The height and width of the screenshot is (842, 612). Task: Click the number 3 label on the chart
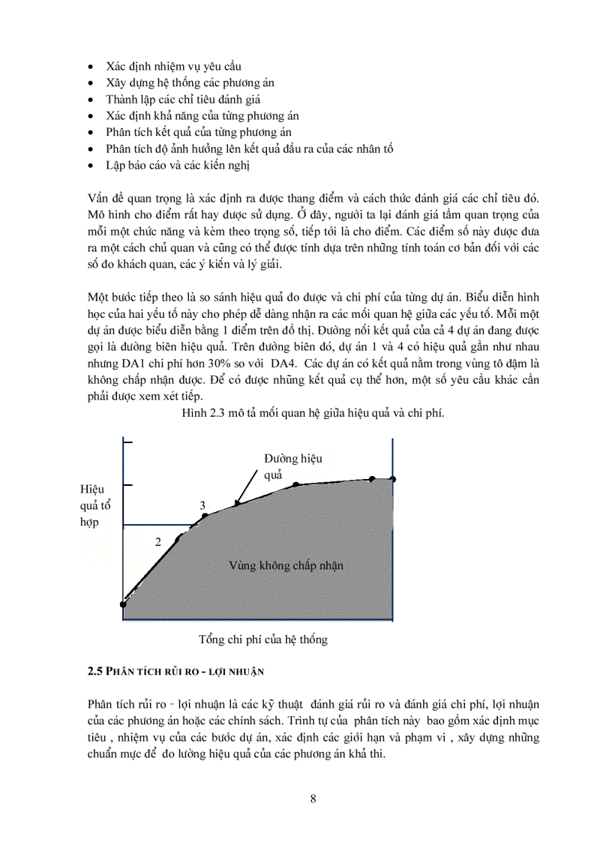202,506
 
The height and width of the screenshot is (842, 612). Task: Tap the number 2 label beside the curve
158,541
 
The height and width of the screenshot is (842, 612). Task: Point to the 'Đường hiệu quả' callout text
292,466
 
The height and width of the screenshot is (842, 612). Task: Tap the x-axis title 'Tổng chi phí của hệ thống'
262,640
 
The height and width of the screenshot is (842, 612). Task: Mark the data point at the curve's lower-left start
123,604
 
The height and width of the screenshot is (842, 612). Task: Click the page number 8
313,799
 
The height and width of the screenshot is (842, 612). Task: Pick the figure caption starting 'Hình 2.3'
313,413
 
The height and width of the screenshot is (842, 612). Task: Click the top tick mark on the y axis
127,445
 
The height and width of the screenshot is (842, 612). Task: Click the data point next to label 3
206,515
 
